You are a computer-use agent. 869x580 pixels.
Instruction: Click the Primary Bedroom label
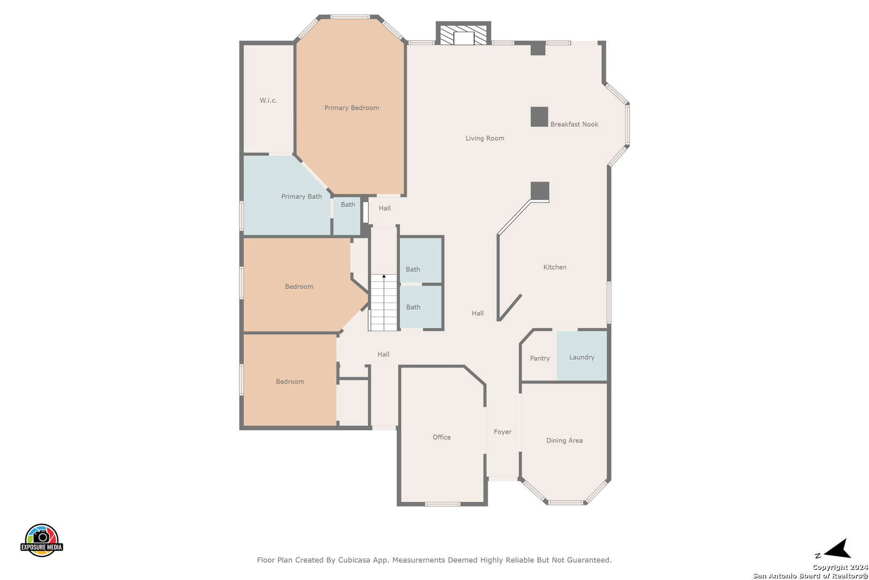[x=351, y=107]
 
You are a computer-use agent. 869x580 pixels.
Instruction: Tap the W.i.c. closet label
[x=268, y=100]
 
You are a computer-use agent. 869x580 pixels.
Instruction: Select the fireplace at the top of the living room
[x=463, y=34]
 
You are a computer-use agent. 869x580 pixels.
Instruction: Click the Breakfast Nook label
[x=574, y=124]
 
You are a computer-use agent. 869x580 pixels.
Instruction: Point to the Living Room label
[x=484, y=139]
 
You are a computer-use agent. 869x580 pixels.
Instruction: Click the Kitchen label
[x=554, y=267]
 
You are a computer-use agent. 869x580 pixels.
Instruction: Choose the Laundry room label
[x=581, y=358]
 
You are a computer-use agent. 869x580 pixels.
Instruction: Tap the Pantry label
[x=540, y=358]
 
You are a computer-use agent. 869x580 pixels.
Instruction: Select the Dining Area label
[x=564, y=440]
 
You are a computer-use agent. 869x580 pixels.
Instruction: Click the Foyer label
[x=503, y=432]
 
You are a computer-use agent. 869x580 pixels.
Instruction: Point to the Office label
[x=441, y=438]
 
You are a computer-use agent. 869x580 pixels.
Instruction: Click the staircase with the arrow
[x=384, y=303]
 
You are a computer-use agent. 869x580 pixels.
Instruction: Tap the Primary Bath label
[x=301, y=197]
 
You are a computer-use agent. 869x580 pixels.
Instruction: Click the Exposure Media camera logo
[x=41, y=540]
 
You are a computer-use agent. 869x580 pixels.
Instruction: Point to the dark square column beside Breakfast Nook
[x=539, y=117]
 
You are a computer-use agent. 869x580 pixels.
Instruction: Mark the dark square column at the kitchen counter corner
[x=540, y=191]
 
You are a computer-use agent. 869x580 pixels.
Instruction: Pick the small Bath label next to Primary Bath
[x=348, y=204]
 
